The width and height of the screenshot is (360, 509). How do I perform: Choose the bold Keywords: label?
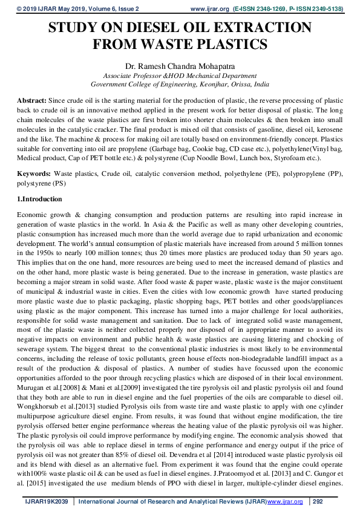click(x=34, y=173)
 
